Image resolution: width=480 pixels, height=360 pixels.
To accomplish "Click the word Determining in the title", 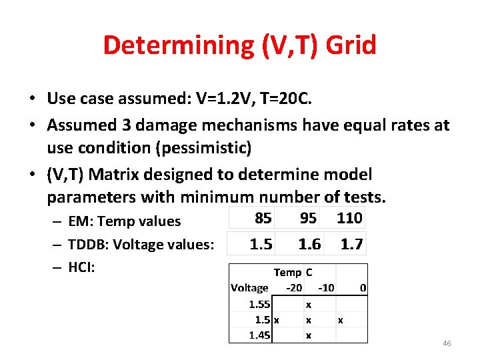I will (x=175, y=45).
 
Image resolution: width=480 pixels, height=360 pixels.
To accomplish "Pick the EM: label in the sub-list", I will (x=82, y=221).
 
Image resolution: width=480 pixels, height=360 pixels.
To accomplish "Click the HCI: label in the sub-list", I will (x=82, y=267).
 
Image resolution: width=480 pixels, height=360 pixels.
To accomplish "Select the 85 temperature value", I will (x=263, y=218).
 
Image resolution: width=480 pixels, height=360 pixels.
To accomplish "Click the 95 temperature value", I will (x=308, y=218).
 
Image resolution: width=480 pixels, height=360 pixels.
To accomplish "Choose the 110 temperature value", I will (x=349, y=218).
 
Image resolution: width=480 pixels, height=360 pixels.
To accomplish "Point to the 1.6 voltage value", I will (x=309, y=244).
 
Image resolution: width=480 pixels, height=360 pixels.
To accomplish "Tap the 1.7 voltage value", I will (x=351, y=244).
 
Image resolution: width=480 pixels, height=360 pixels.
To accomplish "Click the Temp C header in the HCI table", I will (x=293, y=272).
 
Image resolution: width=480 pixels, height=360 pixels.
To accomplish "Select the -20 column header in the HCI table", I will (x=293, y=288).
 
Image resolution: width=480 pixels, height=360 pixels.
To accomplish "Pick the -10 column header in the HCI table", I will (x=326, y=288).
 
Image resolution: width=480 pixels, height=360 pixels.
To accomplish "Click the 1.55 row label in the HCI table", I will (x=259, y=304).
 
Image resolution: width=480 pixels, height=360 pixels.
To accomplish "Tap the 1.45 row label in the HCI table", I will (x=259, y=335).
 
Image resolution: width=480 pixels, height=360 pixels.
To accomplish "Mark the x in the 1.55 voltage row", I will (x=308, y=304).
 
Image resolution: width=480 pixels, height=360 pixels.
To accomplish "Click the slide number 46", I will (x=447, y=343).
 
